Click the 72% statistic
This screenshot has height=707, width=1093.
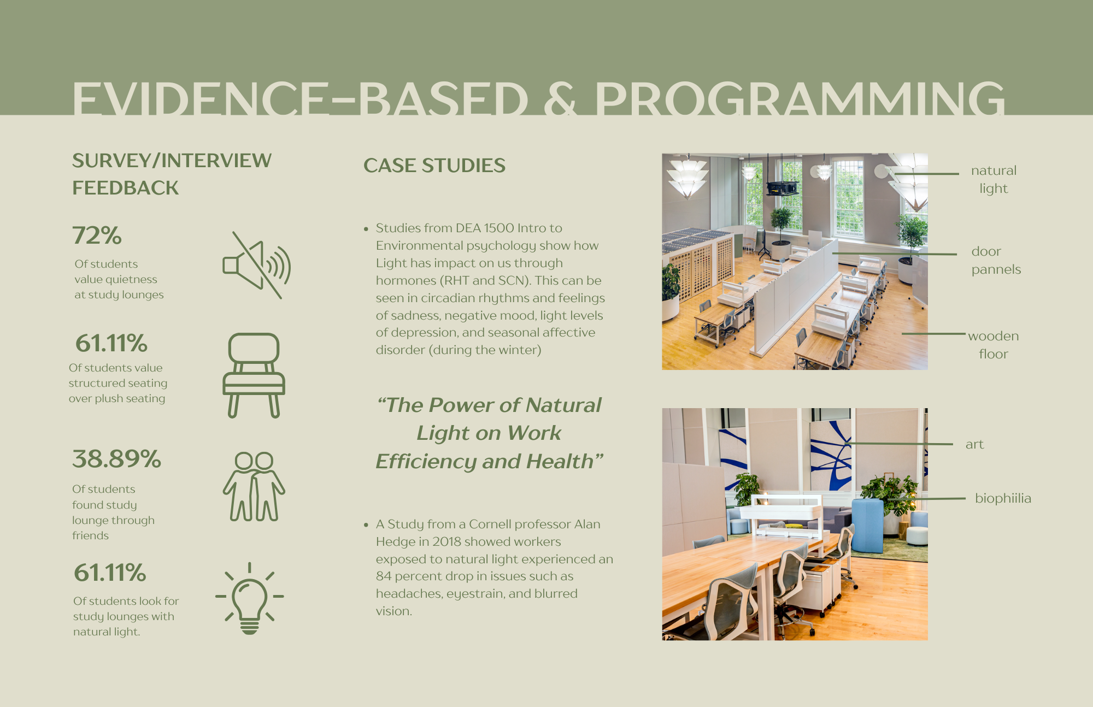(97, 235)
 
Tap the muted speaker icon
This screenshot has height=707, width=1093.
(256, 266)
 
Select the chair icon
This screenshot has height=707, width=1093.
(254, 375)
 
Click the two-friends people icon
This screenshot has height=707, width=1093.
(254, 486)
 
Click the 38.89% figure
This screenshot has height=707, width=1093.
(116, 459)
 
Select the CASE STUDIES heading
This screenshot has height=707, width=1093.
(434, 166)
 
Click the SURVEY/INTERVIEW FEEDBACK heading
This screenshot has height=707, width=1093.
(171, 174)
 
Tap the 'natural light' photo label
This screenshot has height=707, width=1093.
(994, 179)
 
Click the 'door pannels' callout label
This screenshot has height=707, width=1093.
(995, 260)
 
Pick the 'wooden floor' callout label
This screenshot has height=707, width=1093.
(993, 345)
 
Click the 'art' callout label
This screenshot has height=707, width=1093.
(974, 444)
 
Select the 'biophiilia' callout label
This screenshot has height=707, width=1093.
(1002, 498)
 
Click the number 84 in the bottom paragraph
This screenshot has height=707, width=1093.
(384, 576)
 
